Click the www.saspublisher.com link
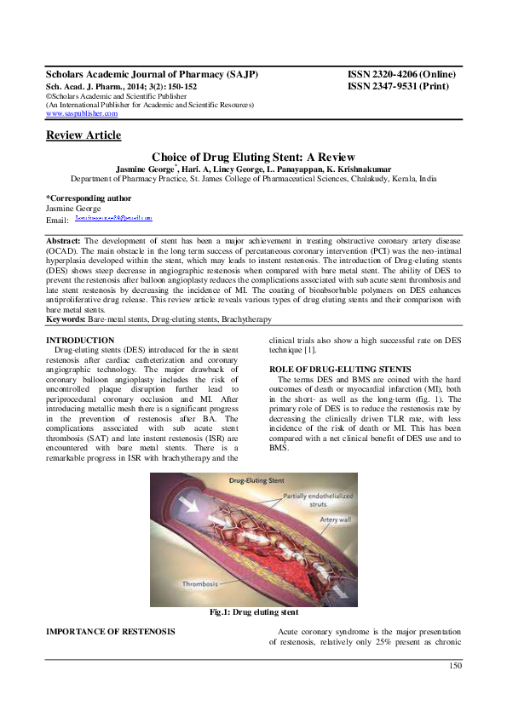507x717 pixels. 81,113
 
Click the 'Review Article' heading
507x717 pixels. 83,135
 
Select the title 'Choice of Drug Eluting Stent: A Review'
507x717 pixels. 253,158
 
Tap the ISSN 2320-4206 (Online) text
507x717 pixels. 401,75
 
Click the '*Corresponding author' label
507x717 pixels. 84,198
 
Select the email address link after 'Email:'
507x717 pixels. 113,219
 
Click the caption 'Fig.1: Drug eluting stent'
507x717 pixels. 253,611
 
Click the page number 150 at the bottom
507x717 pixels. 455,665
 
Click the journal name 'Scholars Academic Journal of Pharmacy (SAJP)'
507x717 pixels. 152,75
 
